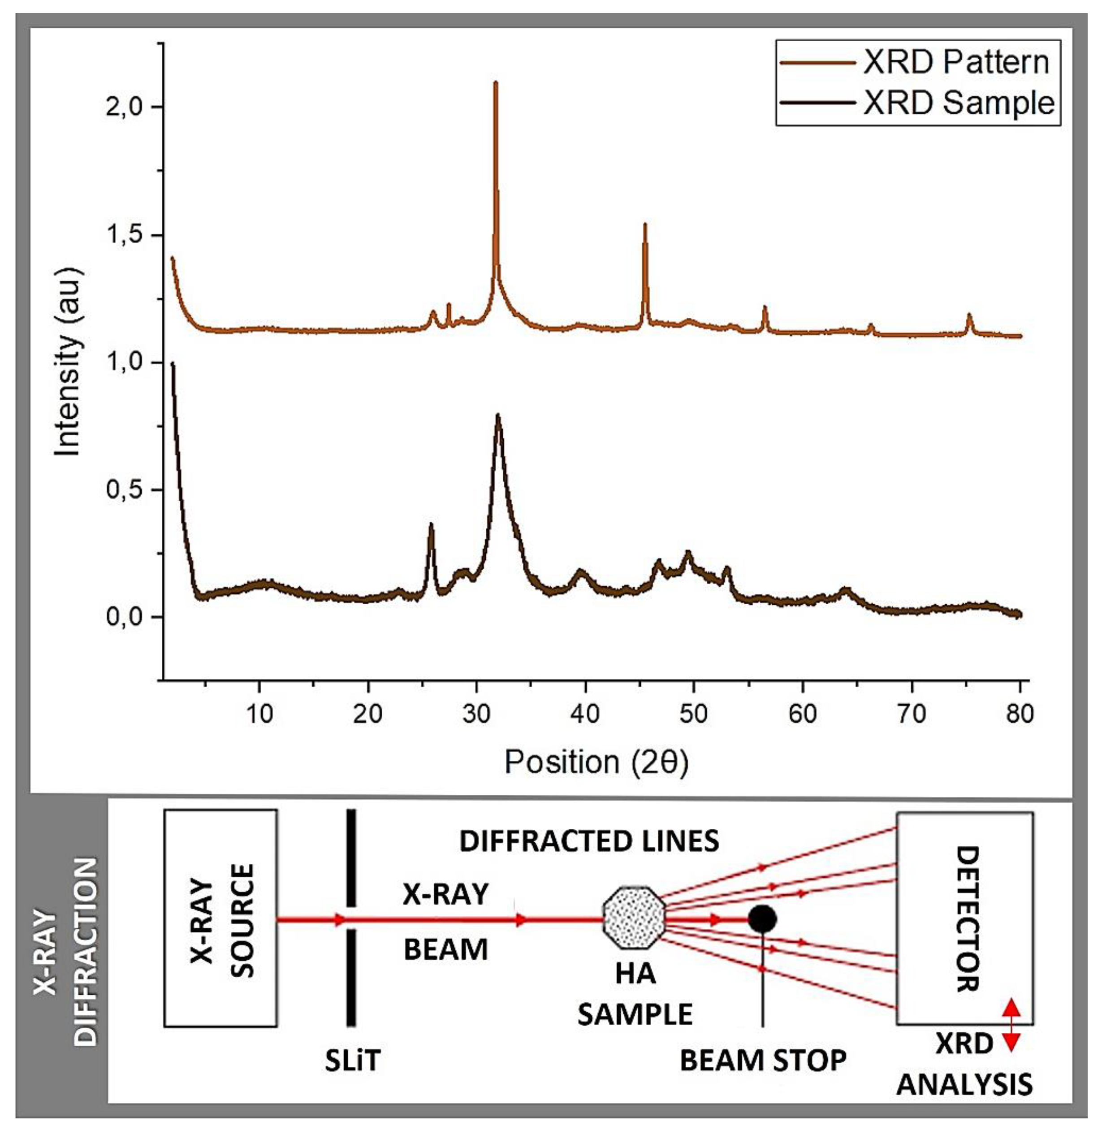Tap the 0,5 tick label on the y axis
tap(124, 490)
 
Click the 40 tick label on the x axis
tap(585, 714)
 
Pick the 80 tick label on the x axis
tap(1019, 714)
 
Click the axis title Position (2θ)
tap(596, 762)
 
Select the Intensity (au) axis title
tap(68, 362)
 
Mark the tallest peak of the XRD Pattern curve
tap(495, 83)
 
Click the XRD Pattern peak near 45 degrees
tap(644, 225)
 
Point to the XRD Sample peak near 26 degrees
tap(430, 524)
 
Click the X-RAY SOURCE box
tap(220, 918)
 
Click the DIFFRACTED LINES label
tap(589, 841)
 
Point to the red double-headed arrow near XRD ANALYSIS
tap(1011, 1032)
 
